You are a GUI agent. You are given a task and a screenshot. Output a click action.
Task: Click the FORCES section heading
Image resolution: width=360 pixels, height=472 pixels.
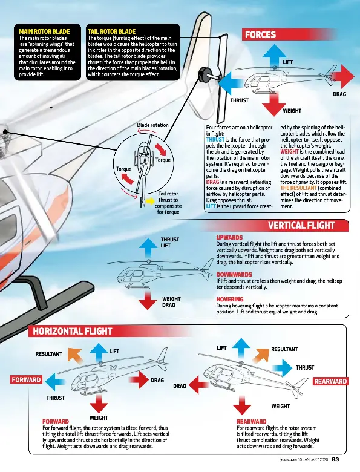[x=260, y=35]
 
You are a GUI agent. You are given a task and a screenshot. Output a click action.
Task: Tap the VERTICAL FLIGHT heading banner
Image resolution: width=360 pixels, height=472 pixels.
[x=301, y=226]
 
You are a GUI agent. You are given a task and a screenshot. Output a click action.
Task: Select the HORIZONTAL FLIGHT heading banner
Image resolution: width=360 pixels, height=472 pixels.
[x=73, y=331]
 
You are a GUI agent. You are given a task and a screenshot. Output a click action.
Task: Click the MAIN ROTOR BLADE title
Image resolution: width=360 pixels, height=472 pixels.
[x=44, y=31]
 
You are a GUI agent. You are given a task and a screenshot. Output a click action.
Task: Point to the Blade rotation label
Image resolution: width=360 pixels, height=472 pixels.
[x=152, y=125]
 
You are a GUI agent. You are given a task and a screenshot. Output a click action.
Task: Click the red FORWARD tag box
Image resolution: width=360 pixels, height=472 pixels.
[x=26, y=381]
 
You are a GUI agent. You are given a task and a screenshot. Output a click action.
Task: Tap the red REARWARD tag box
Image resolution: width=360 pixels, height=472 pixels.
[x=330, y=381]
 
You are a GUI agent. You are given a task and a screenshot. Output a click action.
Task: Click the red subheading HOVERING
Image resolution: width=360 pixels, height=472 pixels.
[x=229, y=299]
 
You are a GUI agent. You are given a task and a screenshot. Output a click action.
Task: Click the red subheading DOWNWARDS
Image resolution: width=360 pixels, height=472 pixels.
[x=234, y=274]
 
